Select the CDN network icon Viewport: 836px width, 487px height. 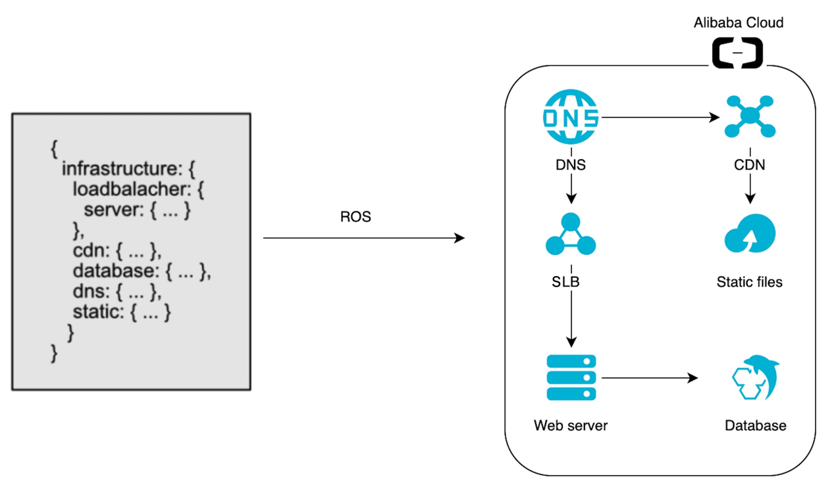tap(750, 116)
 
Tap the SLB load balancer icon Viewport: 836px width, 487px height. tap(571, 235)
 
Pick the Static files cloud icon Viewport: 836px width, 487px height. tap(750, 235)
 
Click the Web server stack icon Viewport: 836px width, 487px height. tap(571, 378)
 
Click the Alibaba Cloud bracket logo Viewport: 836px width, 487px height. tap(737, 53)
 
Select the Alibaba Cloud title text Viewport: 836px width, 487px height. tap(739, 23)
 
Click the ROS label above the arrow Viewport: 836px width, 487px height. tap(355, 217)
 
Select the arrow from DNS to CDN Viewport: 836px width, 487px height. tap(658, 118)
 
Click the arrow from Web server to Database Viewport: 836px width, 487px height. tap(648, 378)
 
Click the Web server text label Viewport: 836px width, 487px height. tap(571, 425)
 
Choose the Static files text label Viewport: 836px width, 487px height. tap(750, 282)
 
